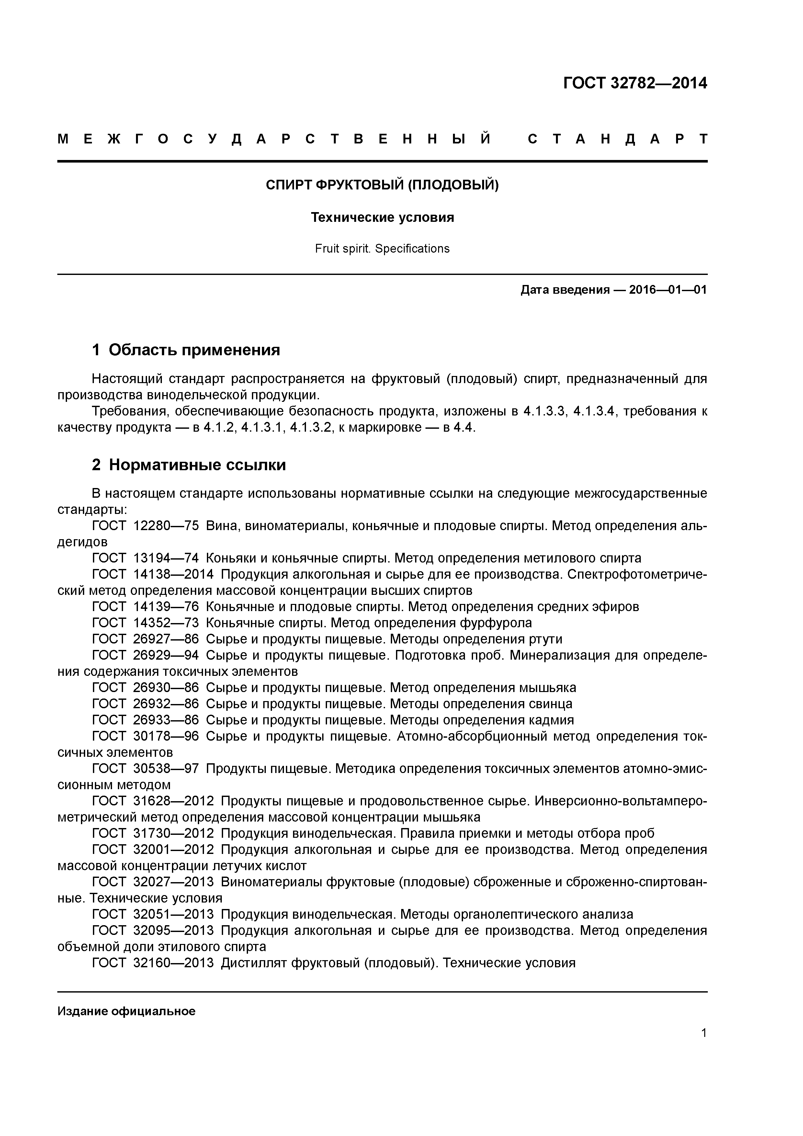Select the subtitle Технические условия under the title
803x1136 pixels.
point(382,217)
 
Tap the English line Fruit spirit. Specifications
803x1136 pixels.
point(382,248)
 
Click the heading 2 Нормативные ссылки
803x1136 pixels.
point(189,465)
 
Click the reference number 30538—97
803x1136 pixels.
point(166,769)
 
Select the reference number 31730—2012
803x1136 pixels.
point(173,834)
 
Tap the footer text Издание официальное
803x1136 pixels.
point(127,1011)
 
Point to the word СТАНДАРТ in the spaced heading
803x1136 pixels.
point(617,139)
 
